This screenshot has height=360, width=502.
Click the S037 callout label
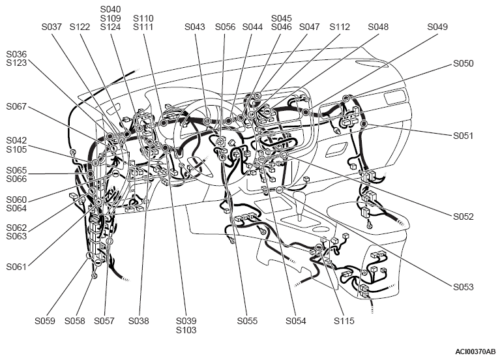(52, 27)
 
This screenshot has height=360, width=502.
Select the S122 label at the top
(80, 27)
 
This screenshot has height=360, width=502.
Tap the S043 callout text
(195, 27)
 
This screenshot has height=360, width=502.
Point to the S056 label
(225, 27)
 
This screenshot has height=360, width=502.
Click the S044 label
(252, 27)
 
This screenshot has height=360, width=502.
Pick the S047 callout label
(309, 27)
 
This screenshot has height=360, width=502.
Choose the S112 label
(340, 27)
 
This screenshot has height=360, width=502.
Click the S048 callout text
(378, 27)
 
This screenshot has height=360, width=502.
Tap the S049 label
(437, 27)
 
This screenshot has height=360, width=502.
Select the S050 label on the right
(464, 63)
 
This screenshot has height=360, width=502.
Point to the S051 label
(463, 136)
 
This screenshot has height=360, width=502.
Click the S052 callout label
(464, 217)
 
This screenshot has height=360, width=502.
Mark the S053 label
(464, 287)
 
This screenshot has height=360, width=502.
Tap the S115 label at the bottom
(344, 321)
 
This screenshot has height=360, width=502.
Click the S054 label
(296, 321)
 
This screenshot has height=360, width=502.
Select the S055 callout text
(247, 321)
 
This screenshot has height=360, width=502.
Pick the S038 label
(139, 321)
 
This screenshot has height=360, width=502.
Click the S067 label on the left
(16, 106)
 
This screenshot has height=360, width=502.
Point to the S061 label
(16, 267)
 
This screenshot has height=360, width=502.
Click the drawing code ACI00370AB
(475, 352)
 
